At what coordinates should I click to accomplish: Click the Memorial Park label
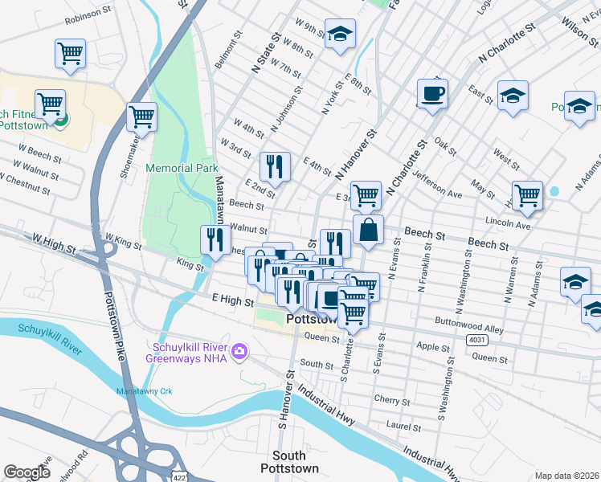click(182, 169)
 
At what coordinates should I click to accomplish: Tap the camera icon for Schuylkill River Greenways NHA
click(239, 352)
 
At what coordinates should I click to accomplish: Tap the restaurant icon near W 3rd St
click(276, 166)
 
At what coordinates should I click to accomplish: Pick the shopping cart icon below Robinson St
click(70, 54)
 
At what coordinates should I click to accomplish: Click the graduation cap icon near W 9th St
click(340, 35)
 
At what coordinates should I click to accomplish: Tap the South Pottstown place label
click(289, 462)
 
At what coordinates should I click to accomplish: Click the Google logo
click(27, 472)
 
